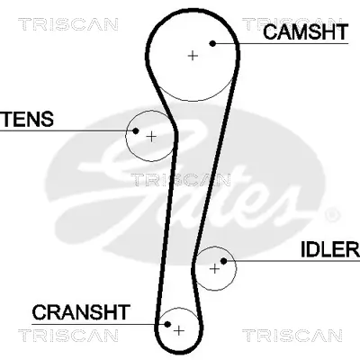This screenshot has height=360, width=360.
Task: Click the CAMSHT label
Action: coord(306,32)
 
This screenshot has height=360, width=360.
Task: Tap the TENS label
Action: coord(28,119)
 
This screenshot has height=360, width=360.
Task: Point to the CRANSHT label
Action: coord(81,312)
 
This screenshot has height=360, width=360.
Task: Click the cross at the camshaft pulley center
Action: coord(192,55)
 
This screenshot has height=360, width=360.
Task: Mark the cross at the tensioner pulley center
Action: coord(151,137)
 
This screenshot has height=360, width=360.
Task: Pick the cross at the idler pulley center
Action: coord(214,267)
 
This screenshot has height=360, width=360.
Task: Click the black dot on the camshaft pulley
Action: coord(213,42)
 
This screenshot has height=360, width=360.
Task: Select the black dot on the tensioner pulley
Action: coord(135,131)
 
